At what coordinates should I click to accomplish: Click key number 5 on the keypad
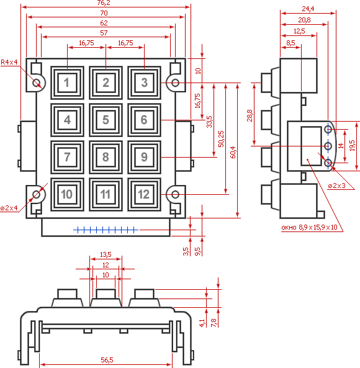click(106, 120)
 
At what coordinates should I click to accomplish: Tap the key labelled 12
click(145, 194)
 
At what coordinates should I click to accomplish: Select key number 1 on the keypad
click(68, 83)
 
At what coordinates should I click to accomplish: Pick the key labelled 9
click(145, 157)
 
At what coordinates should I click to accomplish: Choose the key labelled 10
click(68, 194)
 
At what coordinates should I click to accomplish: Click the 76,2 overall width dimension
click(104, 3)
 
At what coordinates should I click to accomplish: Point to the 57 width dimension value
click(104, 33)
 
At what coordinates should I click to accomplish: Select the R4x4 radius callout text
click(9, 62)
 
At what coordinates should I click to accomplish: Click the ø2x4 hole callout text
click(9, 208)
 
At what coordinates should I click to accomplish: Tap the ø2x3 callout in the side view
click(337, 186)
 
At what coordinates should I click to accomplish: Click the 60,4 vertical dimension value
click(233, 152)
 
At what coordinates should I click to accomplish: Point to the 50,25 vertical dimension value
click(221, 139)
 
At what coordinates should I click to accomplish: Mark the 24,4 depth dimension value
click(308, 9)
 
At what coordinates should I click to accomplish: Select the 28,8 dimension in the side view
click(250, 115)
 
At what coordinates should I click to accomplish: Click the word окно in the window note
click(289, 227)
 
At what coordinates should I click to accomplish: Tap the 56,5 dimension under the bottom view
click(107, 360)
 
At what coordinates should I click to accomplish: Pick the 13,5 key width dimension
click(106, 254)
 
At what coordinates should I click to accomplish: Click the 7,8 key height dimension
click(214, 323)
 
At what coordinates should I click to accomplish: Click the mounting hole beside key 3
click(175, 83)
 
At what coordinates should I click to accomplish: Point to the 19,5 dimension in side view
click(352, 145)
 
